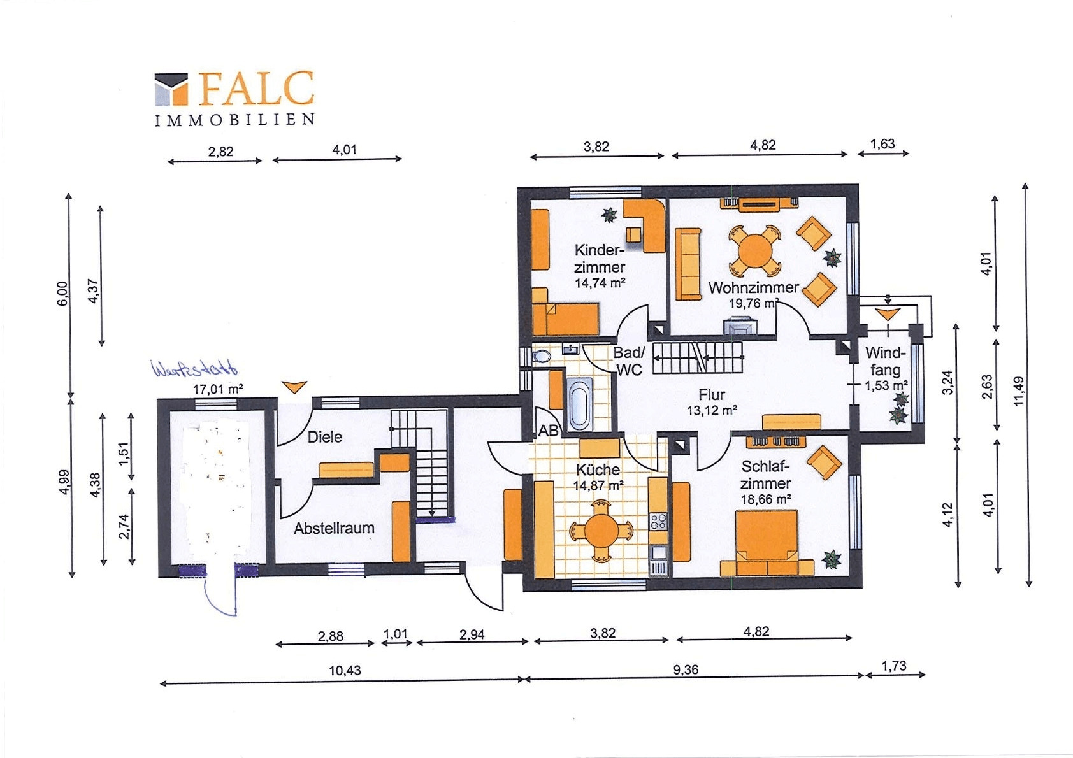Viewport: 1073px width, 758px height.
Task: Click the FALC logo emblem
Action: coord(171,89)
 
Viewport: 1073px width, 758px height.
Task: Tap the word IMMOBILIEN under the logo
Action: coord(234,120)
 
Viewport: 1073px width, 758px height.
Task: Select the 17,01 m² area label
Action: coord(218,389)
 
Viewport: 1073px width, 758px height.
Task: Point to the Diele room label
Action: coord(325,437)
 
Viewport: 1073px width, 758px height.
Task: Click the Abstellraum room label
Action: coord(334,528)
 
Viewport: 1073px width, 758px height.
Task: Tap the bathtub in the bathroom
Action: coord(580,404)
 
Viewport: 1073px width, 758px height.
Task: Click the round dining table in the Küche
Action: coord(601,531)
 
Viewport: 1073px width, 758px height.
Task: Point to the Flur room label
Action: coord(712,394)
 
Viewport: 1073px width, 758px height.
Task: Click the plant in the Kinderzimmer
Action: coord(609,215)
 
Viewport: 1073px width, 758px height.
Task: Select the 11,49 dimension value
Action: coord(1019,390)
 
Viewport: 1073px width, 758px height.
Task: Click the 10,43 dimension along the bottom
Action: coord(345,670)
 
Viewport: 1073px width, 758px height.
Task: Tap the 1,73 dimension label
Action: coord(894,666)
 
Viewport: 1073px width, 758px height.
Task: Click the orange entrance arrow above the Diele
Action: coord(294,387)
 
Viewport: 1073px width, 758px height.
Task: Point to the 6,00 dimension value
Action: coord(62,294)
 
